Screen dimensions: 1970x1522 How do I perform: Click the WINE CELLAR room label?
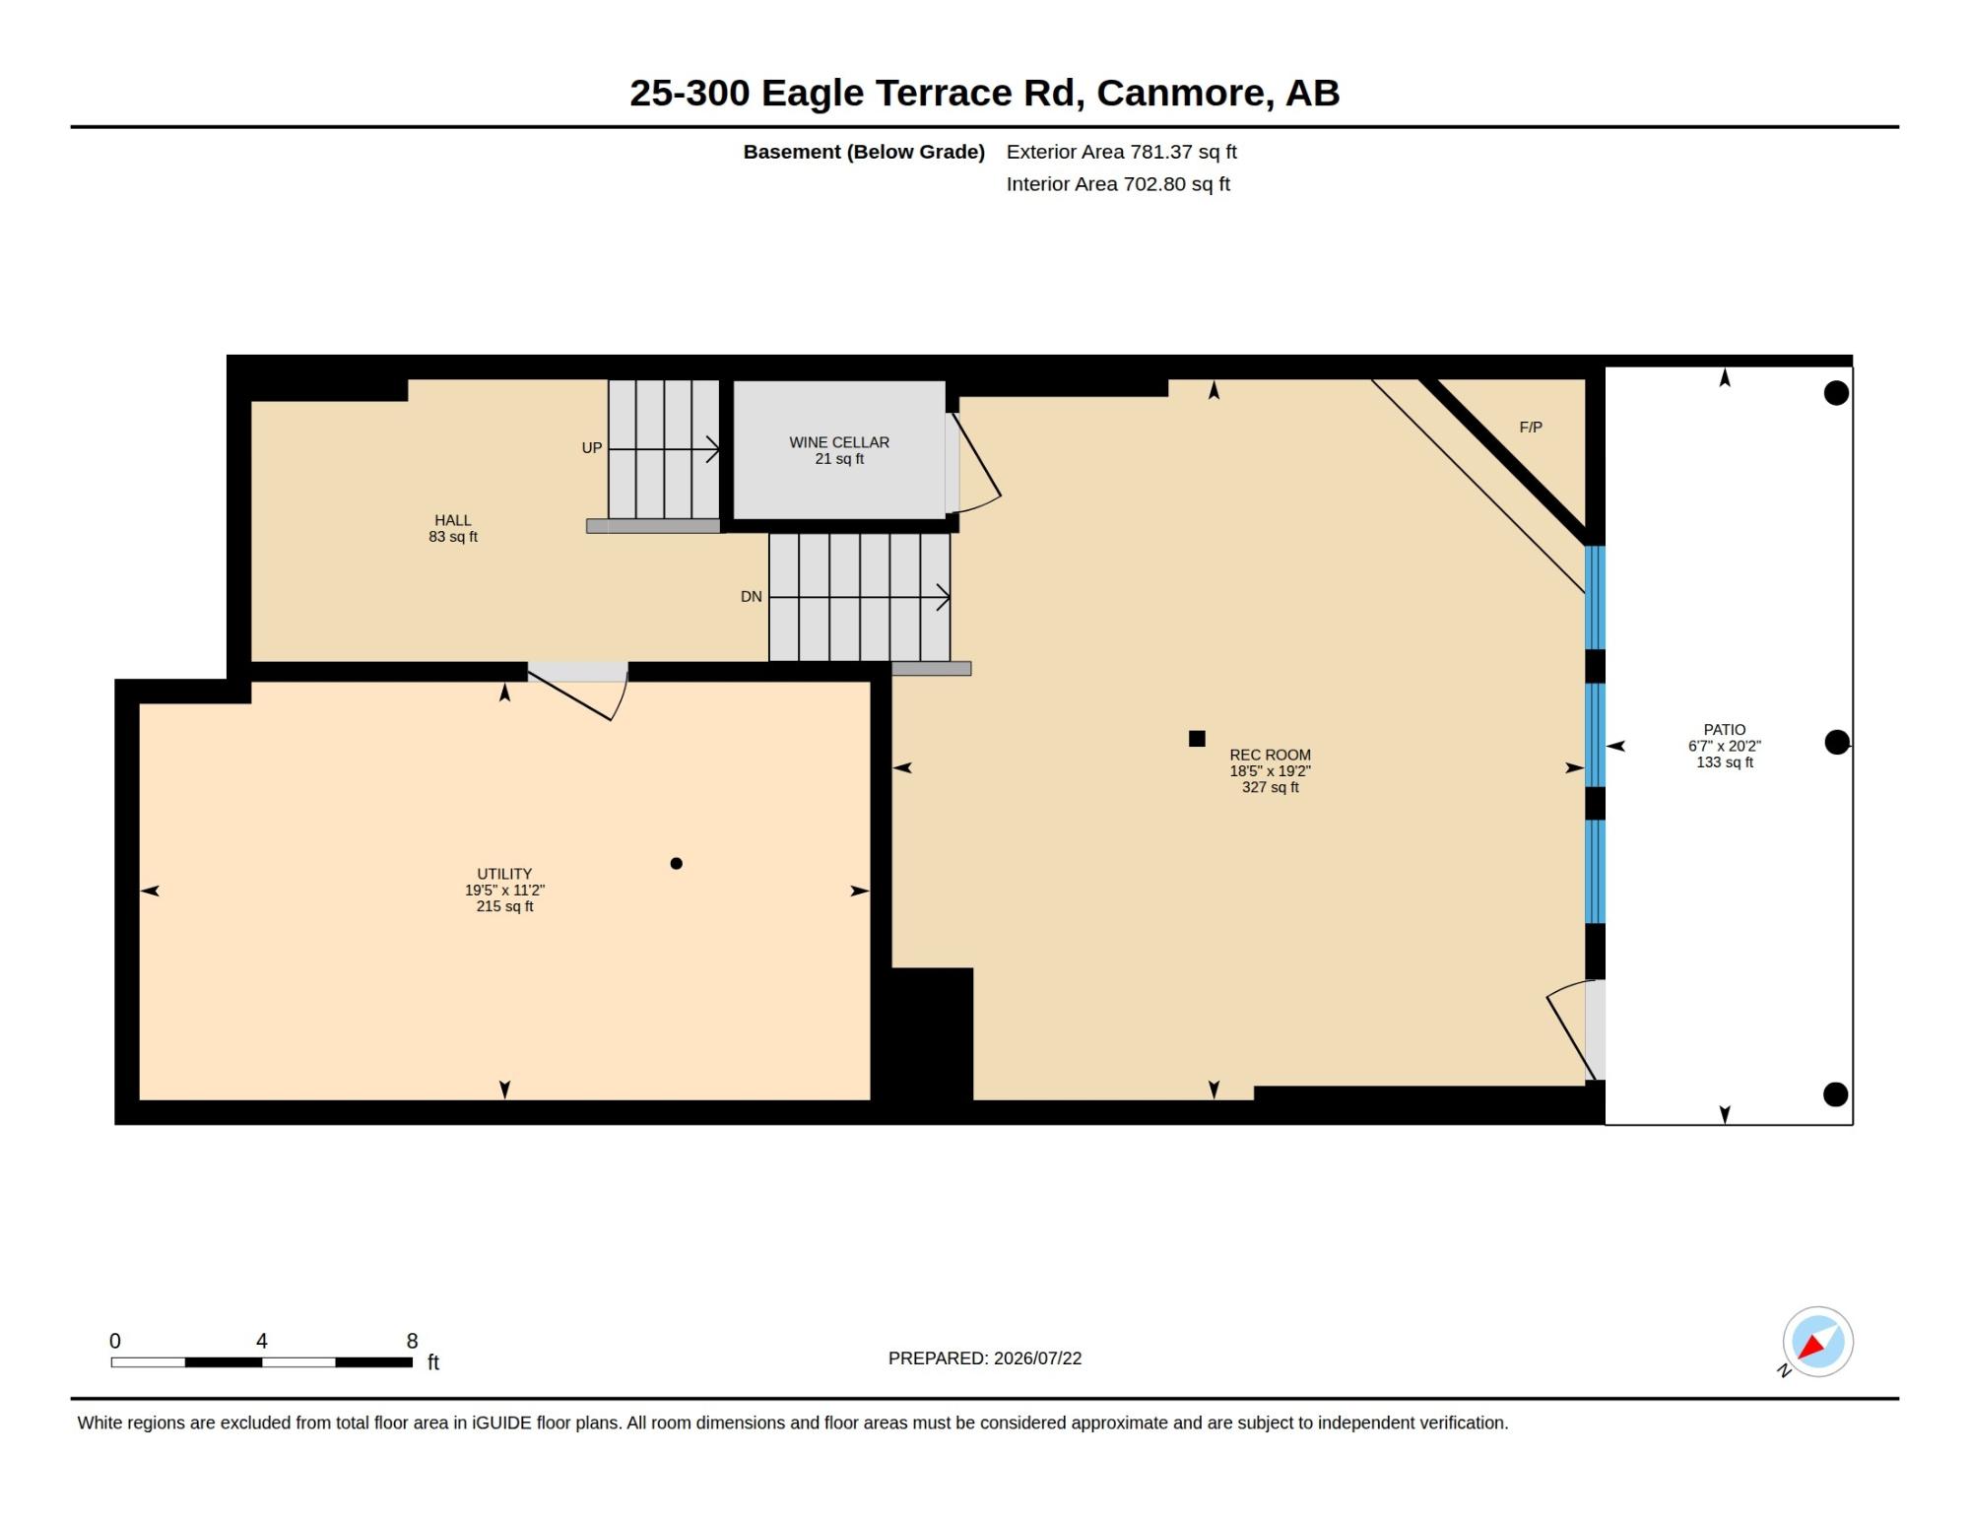pyautogui.click(x=839, y=442)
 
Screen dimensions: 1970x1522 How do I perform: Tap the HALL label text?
pyautogui.click(x=453, y=520)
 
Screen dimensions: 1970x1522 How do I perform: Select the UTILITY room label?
pyautogui.click(x=504, y=874)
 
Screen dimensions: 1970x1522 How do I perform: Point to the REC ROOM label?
pyautogui.click(x=1270, y=755)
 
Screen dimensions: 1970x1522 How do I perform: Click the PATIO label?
pyautogui.click(x=1725, y=730)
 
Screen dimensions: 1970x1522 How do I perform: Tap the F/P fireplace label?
pyautogui.click(x=1531, y=428)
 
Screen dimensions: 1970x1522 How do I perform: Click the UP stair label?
pyautogui.click(x=591, y=448)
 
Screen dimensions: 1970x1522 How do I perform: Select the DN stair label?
pyautogui.click(x=752, y=597)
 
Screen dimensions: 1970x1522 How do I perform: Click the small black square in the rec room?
pyautogui.click(x=1197, y=739)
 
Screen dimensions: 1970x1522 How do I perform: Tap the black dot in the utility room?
pyautogui.click(x=676, y=864)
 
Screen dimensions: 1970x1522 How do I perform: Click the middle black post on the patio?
pyautogui.click(x=1837, y=743)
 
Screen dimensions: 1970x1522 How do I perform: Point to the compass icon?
pyautogui.click(x=1817, y=1342)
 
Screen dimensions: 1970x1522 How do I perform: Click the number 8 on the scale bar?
pyautogui.click(x=412, y=1341)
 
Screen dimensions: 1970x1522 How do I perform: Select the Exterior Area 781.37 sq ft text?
pyautogui.click(x=1121, y=152)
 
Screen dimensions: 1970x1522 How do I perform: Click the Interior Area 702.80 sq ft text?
pyautogui.click(x=1118, y=184)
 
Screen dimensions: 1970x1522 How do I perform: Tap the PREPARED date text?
pyautogui.click(x=985, y=1358)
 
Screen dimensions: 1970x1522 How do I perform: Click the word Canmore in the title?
pyautogui.click(x=1181, y=94)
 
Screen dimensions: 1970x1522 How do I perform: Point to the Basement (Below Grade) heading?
pyautogui.click(x=864, y=152)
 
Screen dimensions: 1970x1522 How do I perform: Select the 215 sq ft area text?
pyautogui.click(x=504, y=906)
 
